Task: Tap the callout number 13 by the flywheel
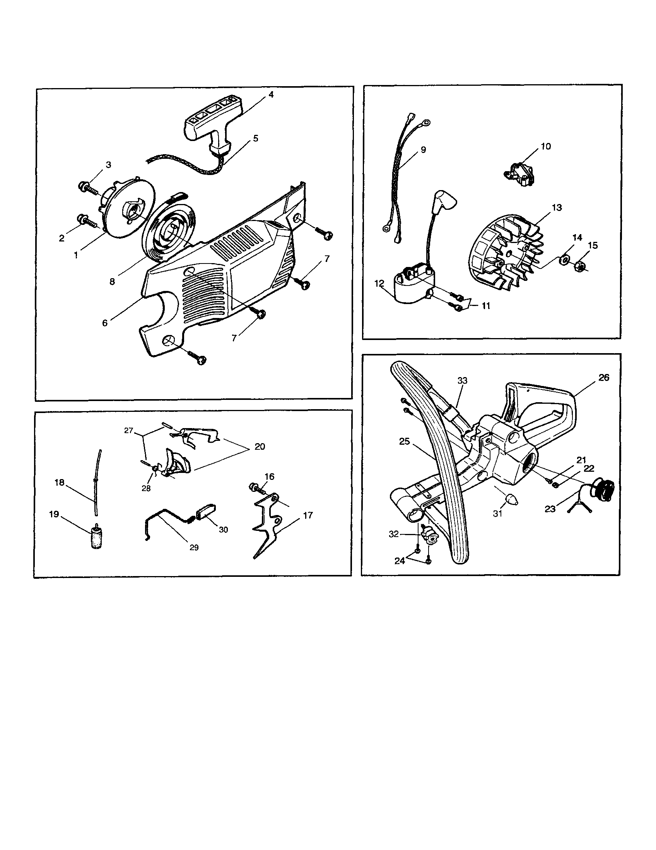(557, 207)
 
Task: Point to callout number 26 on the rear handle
(603, 377)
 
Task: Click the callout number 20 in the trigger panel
(260, 446)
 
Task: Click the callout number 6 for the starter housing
(105, 323)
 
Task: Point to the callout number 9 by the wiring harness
(423, 150)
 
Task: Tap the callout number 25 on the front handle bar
(404, 441)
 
